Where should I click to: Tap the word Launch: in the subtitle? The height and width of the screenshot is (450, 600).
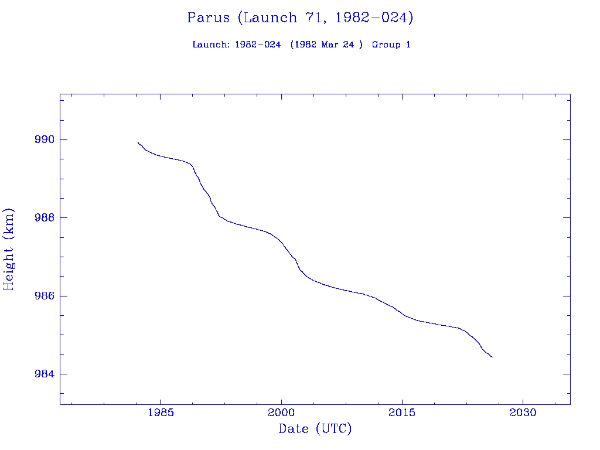click(x=211, y=45)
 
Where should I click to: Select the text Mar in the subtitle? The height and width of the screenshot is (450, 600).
click(x=331, y=45)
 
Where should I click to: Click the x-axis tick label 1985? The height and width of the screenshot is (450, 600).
click(x=161, y=412)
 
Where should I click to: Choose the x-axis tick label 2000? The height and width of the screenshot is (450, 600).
click(x=281, y=412)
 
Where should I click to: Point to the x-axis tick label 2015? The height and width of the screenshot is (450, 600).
click(x=402, y=412)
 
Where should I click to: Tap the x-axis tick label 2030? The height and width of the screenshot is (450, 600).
click(x=523, y=412)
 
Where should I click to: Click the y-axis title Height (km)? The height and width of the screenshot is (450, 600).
click(x=9, y=249)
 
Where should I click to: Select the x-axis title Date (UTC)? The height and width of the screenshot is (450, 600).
click(x=315, y=429)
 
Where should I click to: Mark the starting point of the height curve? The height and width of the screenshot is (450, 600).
click(x=138, y=142)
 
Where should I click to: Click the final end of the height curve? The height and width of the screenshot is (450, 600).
click(x=492, y=357)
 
